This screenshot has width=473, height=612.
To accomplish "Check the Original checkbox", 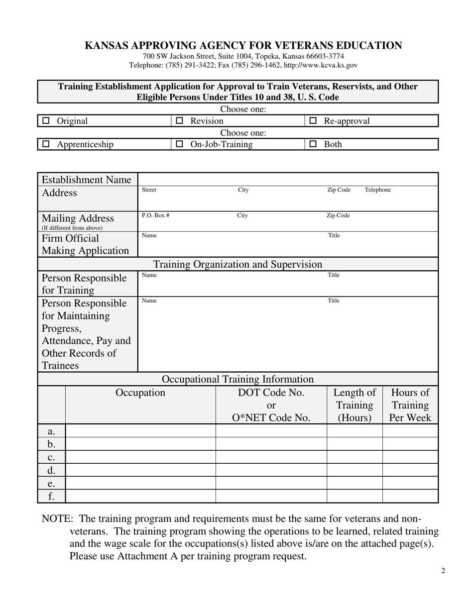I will point(46,121).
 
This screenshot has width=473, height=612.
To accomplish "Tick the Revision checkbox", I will point(180,121).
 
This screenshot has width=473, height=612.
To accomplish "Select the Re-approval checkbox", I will point(313,121).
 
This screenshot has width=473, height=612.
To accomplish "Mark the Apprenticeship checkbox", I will point(46,144).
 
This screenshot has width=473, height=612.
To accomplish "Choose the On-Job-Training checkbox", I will point(180,144).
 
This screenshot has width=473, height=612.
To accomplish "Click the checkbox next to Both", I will point(313,144).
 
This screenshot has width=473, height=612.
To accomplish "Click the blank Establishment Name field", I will point(287,180).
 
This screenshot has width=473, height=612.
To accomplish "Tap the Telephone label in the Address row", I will point(378,190).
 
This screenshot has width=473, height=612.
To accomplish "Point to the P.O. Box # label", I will point(155,215).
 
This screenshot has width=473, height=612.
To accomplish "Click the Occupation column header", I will point(140,393).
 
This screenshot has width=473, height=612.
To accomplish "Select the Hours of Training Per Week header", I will point(410,405).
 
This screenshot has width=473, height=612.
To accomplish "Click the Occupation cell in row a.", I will point(140,431).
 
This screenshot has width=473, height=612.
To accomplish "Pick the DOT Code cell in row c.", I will point(271,457).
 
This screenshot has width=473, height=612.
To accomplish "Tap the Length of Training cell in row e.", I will point(355,483).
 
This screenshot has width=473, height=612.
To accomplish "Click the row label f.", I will point(51,496).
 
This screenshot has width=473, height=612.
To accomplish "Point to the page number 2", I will point(443,570).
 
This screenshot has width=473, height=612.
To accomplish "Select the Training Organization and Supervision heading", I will point(237,264).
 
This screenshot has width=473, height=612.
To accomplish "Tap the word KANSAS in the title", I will point(106,46).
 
